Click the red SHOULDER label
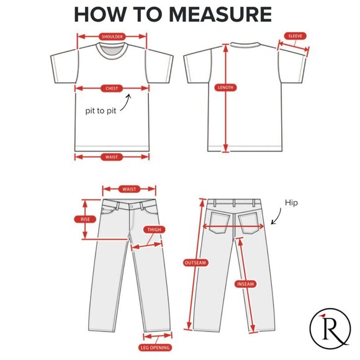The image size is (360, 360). [112, 37]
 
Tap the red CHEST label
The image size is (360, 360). [112, 88]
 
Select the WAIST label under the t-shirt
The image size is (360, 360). [112, 157]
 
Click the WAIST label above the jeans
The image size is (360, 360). [129, 189]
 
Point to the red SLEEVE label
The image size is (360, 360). [295, 36]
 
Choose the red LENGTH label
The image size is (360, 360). [225, 88]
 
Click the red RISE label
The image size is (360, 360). [85, 219]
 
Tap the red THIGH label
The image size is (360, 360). [155, 230]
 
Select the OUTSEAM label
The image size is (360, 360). [196, 263]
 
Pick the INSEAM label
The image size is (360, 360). [245, 284]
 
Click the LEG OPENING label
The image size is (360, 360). [155, 348]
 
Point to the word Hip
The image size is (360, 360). [291, 203]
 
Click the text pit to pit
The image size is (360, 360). [101, 111]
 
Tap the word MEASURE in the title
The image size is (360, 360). [220, 14]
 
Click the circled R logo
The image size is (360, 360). [330, 328]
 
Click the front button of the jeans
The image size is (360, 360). [131, 207]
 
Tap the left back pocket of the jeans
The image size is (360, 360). [220, 223]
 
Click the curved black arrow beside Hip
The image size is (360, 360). [278, 217]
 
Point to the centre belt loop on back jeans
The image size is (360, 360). [234, 203]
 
